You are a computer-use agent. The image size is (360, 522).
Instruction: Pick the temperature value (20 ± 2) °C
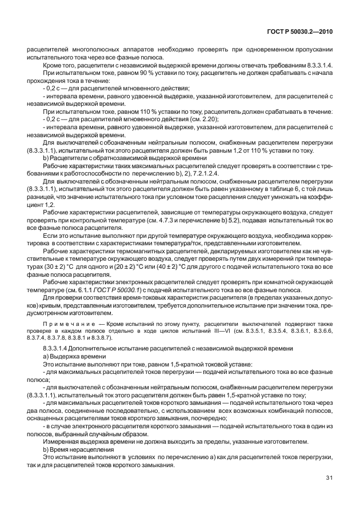click(x=136, y=266)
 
